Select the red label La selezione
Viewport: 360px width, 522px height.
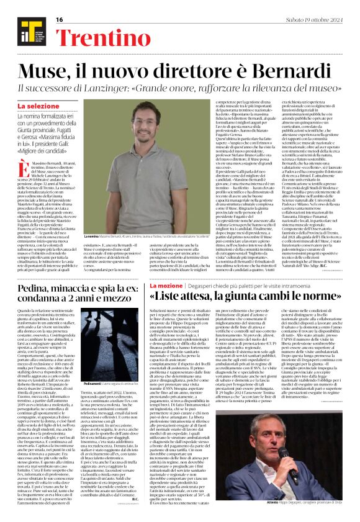click(47, 106)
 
